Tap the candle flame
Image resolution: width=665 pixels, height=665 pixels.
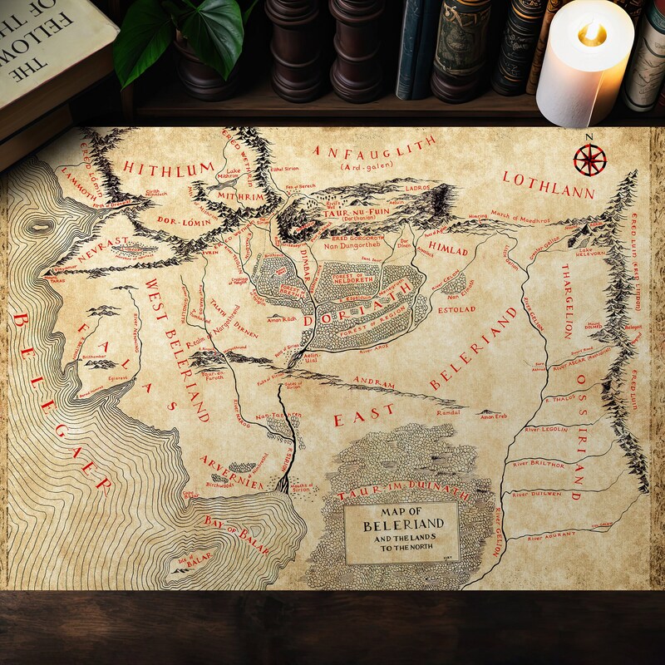pos(591,34)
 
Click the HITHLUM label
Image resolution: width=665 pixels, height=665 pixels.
pos(169,168)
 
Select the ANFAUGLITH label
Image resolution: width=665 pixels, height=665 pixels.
pos(374,150)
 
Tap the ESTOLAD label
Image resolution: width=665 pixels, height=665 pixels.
pos(456,309)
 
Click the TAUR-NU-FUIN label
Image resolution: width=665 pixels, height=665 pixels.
pos(340,213)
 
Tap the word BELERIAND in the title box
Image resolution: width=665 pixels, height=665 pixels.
pos(403,526)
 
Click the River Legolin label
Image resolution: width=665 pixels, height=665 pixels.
pos(546,429)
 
